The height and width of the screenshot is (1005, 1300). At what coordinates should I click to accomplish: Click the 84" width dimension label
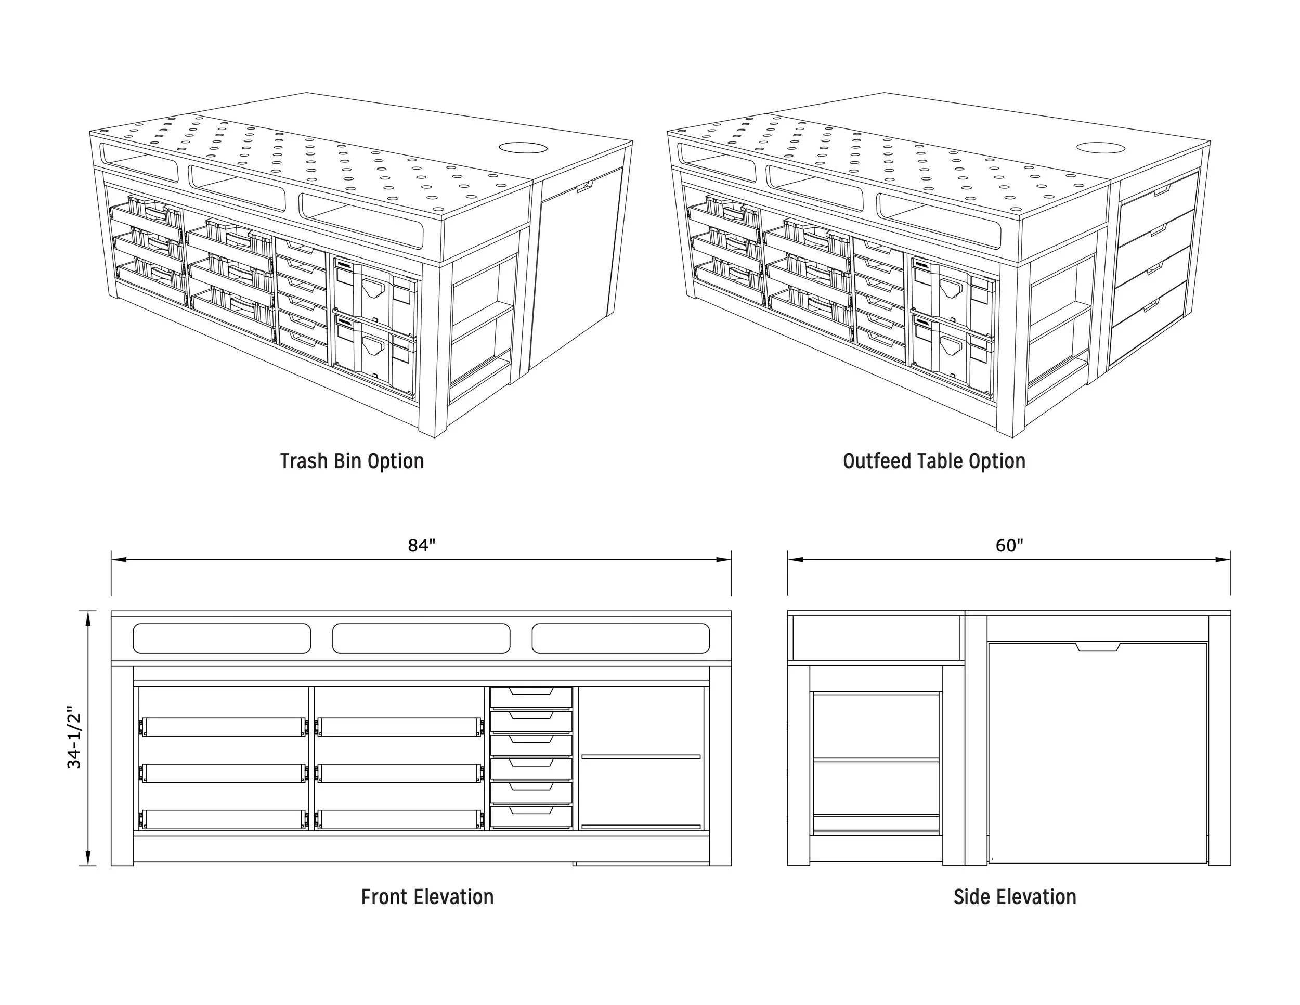pyautogui.click(x=421, y=545)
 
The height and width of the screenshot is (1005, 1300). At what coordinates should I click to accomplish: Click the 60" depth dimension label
pyautogui.click(x=1009, y=545)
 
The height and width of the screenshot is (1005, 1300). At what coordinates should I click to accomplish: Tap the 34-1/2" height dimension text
pyautogui.click(x=74, y=738)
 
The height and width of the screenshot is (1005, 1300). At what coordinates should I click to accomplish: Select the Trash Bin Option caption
pyautogui.click(x=352, y=461)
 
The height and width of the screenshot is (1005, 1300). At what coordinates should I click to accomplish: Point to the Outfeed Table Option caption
pyautogui.click(x=934, y=461)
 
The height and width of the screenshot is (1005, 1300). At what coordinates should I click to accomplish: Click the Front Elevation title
pyautogui.click(x=427, y=897)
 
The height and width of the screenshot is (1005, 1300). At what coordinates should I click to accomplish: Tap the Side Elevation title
pyautogui.click(x=1015, y=897)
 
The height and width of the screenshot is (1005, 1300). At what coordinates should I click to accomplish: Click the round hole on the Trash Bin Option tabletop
pyautogui.click(x=523, y=148)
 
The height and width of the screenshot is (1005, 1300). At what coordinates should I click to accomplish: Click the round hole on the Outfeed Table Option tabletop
pyautogui.click(x=1101, y=148)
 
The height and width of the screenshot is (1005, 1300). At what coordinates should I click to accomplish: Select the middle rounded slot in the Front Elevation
pyautogui.click(x=421, y=638)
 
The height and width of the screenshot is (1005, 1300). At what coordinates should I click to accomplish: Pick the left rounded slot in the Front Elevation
pyautogui.click(x=222, y=638)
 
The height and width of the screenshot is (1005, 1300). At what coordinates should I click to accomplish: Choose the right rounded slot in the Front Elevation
pyautogui.click(x=620, y=638)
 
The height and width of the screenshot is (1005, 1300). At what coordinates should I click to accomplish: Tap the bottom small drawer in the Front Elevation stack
pyautogui.click(x=531, y=816)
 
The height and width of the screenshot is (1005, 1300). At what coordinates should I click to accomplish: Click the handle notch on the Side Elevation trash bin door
pyautogui.click(x=1098, y=647)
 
